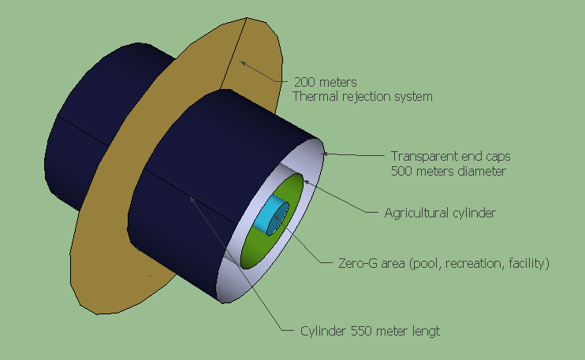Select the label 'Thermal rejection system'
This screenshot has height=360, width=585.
362,96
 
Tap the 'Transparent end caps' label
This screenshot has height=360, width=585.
447,155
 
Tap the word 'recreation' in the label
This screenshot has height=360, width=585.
471,262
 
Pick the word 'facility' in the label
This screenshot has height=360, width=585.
526,262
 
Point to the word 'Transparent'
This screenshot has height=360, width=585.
423,155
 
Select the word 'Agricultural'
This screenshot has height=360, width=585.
415,212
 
